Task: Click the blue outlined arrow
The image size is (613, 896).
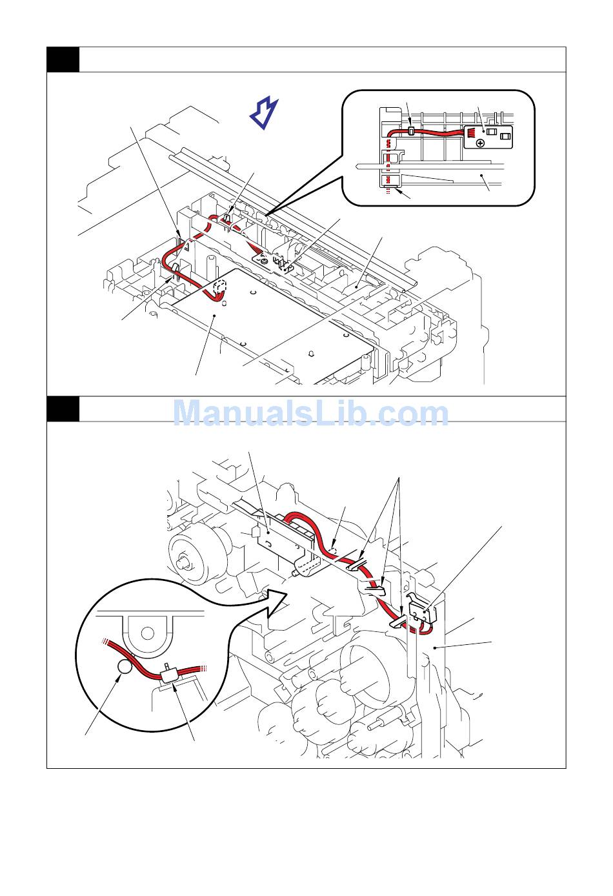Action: (x=264, y=113)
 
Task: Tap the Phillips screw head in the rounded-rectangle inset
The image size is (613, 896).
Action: (x=481, y=142)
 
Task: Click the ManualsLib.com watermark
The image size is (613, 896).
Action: (x=310, y=413)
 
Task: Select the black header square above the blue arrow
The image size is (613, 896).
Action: (x=63, y=59)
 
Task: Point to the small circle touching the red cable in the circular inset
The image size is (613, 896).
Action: (x=125, y=667)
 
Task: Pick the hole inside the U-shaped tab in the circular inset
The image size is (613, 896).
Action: (x=148, y=633)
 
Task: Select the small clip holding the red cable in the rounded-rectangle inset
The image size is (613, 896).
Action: (x=411, y=131)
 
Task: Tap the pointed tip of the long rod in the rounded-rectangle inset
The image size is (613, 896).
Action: (x=357, y=168)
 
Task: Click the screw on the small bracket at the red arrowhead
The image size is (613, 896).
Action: (x=263, y=260)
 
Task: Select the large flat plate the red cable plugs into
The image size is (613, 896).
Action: (x=271, y=310)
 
